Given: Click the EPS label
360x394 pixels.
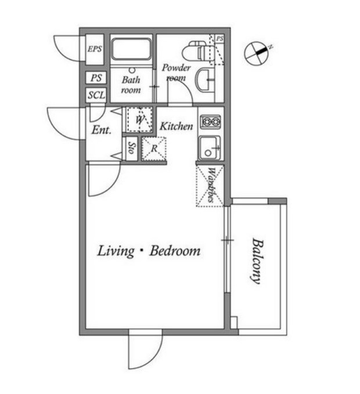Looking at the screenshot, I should pos(95,49).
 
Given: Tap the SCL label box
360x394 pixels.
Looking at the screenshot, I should pos(96,96).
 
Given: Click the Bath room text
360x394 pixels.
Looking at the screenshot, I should pos(131,86).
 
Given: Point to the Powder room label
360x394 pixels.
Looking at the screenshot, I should pos(176,73).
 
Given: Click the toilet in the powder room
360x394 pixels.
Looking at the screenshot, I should pos(203,51).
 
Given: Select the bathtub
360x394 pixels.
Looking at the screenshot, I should pos(132,49).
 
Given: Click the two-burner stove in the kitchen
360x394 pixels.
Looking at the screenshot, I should pos(209,122).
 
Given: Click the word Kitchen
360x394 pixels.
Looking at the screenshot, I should pos(176,126).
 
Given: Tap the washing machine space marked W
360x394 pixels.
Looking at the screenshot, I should pos(139,119).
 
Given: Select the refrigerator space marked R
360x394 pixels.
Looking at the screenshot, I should pos(154,148).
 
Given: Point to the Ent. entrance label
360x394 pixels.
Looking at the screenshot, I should pos(101,131).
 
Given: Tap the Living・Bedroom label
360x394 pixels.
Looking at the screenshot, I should pos(149,251).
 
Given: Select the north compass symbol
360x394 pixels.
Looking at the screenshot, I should pos(257,52).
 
